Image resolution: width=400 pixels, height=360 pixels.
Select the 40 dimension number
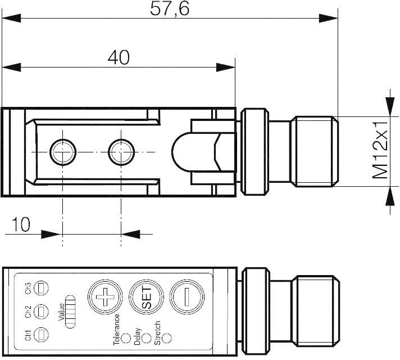tap(118, 57)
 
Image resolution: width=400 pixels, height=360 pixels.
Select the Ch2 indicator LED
tap(42, 311)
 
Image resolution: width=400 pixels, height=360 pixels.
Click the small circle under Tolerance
tap(126, 339)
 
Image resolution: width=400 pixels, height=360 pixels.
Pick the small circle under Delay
tap(146, 339)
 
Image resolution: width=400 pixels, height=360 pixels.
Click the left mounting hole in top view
tap(62, 150)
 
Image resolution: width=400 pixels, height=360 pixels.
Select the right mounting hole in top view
tap(121, 150)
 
